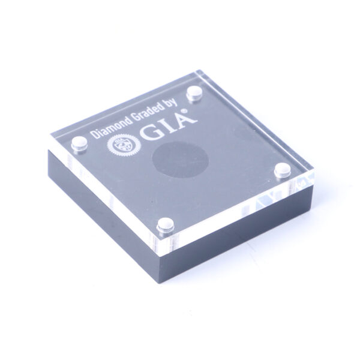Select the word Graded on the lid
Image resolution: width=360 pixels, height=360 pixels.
point(145,113)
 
